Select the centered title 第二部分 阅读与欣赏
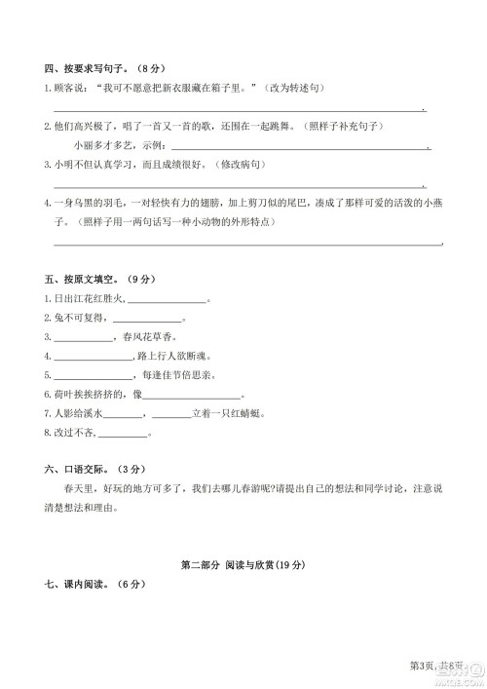(x=243, y=565)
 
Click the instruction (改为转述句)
(x=295, y=90)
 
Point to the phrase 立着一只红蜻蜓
(x=230, y=414)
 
